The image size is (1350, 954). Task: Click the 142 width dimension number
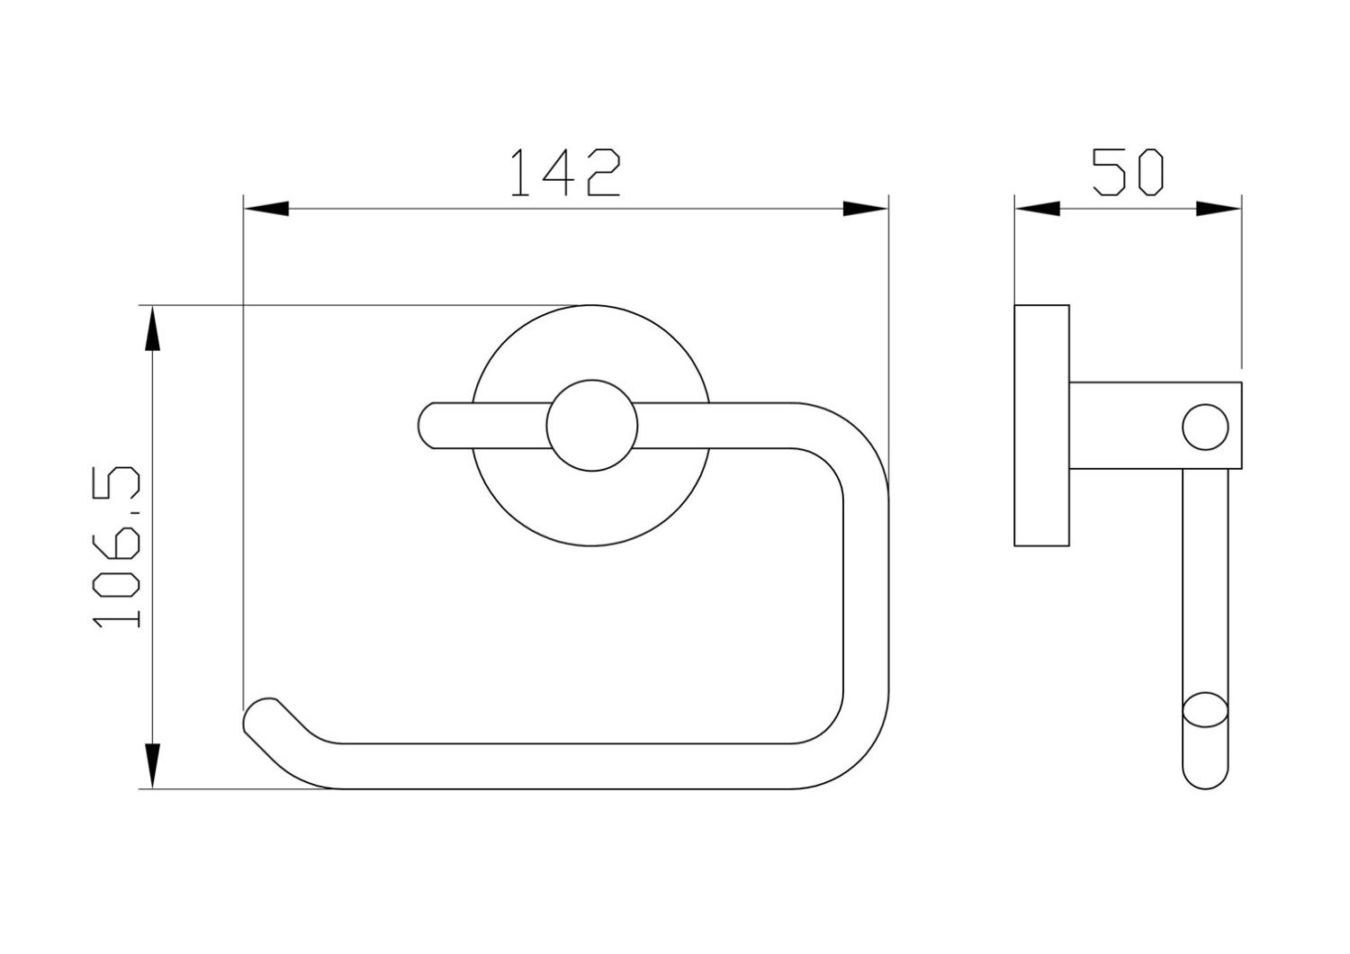pos(565,173)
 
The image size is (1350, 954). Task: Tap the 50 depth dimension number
pos(1128,173)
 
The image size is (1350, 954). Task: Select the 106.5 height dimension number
pos(116,546)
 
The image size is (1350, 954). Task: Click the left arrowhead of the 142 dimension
pos(265,209)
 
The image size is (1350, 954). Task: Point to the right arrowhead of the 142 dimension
pos(866,209)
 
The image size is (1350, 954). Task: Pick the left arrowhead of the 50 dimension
pos(1037,209)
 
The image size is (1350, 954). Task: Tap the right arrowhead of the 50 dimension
pos(1219,209)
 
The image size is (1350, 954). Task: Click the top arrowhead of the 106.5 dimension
pos(152,328)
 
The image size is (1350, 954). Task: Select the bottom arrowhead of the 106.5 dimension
pos(152,765)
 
